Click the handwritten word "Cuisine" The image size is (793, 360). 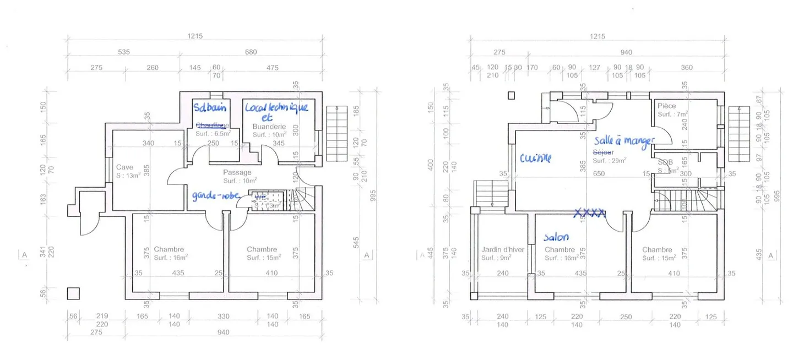coord(535,159)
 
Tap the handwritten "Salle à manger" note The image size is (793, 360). coord(623,141)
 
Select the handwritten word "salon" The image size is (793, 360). coord(556,237)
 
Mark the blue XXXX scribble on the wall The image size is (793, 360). coord(590,212)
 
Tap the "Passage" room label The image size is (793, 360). coord(237,172)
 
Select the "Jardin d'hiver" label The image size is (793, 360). coord(502,249)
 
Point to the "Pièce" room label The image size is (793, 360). coord(666,106)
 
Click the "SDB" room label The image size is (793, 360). coord(665,162)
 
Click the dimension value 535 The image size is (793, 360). coord(123,52)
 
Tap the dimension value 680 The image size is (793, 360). coord(251,52)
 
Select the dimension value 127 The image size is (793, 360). coord(594,68)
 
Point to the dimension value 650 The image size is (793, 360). coord(599,173)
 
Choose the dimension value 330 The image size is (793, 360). coord(223,317)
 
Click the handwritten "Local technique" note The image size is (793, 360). coord(276,107)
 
